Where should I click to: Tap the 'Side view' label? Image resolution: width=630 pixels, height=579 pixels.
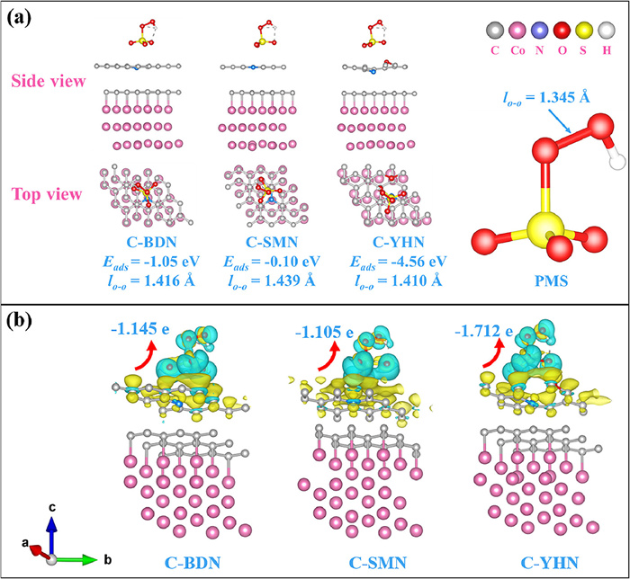point(48,82)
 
